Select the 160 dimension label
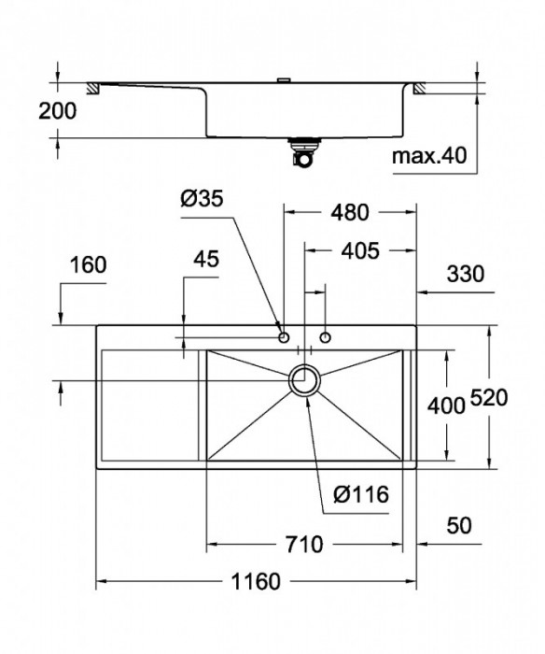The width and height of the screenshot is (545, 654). coord(89,264)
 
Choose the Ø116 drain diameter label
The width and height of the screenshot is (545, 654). coord(357,495)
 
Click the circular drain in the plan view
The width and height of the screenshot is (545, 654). coord(305,381)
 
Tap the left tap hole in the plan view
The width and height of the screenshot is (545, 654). coord(284,334)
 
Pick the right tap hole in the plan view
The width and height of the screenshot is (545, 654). coord(325,335)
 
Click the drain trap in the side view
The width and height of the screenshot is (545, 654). coord(304,151)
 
